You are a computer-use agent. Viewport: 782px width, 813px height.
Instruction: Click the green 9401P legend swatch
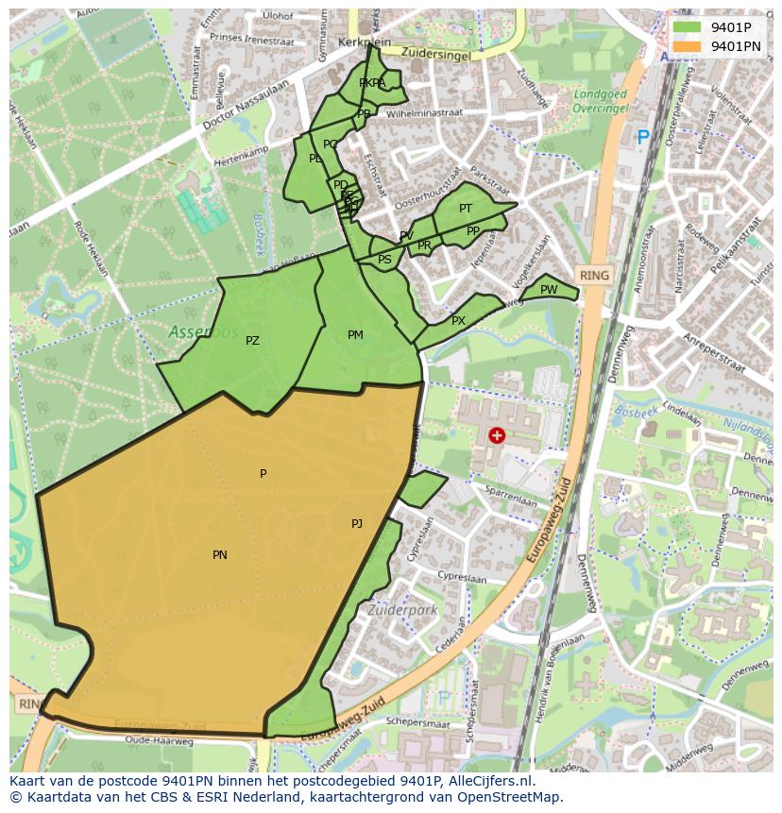(x=687, y=28)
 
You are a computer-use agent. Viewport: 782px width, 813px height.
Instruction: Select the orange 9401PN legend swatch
(x=687, y=46)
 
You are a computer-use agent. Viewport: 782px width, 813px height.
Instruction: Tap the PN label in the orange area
(x=219, y=555)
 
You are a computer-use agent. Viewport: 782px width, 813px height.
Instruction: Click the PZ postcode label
(x=252, y=341)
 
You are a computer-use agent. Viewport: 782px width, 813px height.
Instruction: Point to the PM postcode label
(x=355, y=335)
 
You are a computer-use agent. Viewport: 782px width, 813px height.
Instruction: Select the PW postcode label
(x=549, y=290)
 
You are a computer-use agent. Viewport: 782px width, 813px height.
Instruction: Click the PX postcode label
(x=458, y=321)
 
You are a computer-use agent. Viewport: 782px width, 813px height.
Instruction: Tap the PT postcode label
(x=466, y=209)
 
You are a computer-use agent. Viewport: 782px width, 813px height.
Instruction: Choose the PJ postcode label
(x=357, y=523)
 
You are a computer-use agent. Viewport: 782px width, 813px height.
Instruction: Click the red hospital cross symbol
(x=497, y=435)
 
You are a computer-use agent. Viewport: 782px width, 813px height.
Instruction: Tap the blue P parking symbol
(x=643, y=138)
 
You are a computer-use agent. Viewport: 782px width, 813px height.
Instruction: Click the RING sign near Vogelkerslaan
(x=594, y=276)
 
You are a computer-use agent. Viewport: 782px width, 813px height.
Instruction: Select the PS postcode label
(x=384, y=260)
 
